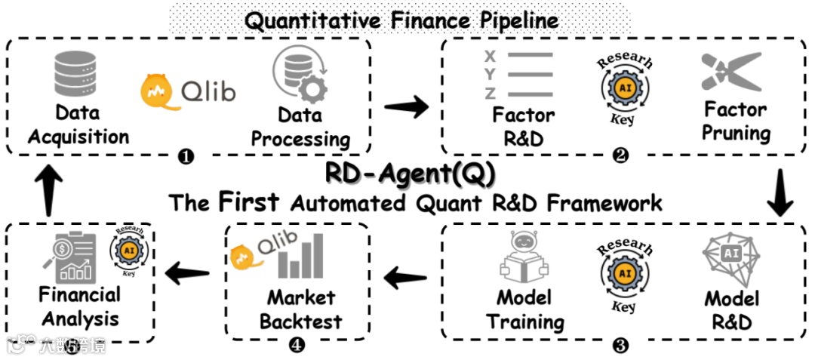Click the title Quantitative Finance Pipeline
click(x=401, y=19)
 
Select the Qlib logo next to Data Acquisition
click(x=189, y=91)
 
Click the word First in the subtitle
click(x=249, y=202)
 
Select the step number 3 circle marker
click(x=620, y=346)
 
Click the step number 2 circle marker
click(x=620, y=157)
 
